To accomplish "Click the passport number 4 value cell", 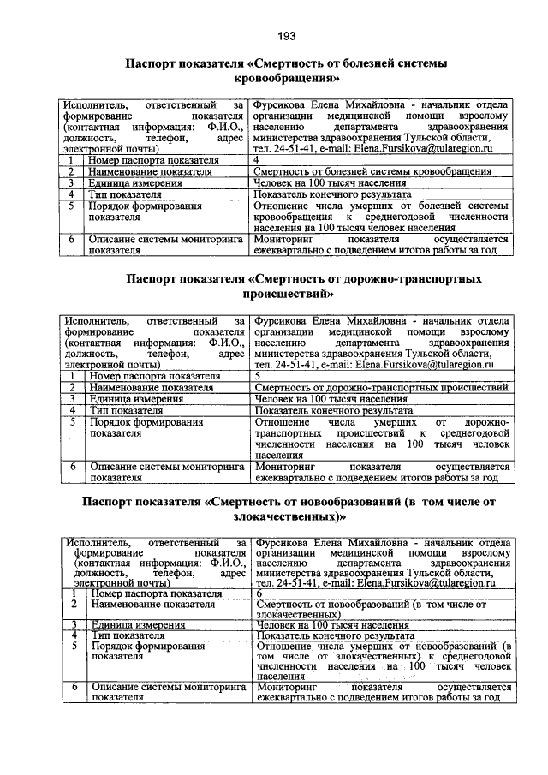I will pyautogui.click(x=257, y=160).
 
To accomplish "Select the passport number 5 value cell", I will pyautogui.click(x=257, y=375).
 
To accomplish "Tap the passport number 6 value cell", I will pyautogui.click(x=259, y=593).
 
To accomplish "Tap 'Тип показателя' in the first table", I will pyautogui.click(x=125, y=195).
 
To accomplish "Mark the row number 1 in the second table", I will pyautogui.click(x=74, y=375).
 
